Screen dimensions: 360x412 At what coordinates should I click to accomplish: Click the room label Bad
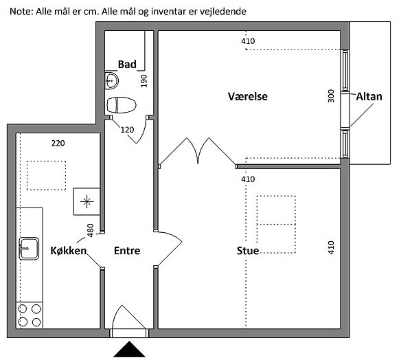click(127, 65)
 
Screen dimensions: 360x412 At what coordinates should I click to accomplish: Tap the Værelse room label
click(247, 97)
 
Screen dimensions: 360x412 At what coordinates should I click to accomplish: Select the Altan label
click(369, 97)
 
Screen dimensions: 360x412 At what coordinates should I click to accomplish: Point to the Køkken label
click(69, 251)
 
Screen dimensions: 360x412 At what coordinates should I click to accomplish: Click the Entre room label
click(127, 251)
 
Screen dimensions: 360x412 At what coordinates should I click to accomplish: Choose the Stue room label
click(247, 251)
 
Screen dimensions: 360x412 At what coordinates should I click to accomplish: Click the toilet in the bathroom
click(122, 105)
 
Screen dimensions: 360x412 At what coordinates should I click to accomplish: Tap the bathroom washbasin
click(112, 81)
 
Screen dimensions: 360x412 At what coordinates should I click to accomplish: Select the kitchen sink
click(30, 247)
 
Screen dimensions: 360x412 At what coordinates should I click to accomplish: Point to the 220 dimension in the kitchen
click(58, 144)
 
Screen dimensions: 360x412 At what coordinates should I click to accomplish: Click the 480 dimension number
click(90, 230)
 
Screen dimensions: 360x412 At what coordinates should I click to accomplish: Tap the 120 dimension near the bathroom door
click(127, 129)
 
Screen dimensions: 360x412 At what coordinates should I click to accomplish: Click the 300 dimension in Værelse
click(331, 96)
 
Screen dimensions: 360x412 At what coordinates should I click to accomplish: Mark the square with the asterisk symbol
click(86, 201)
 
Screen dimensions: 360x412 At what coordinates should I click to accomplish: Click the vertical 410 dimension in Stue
click(331, 247)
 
